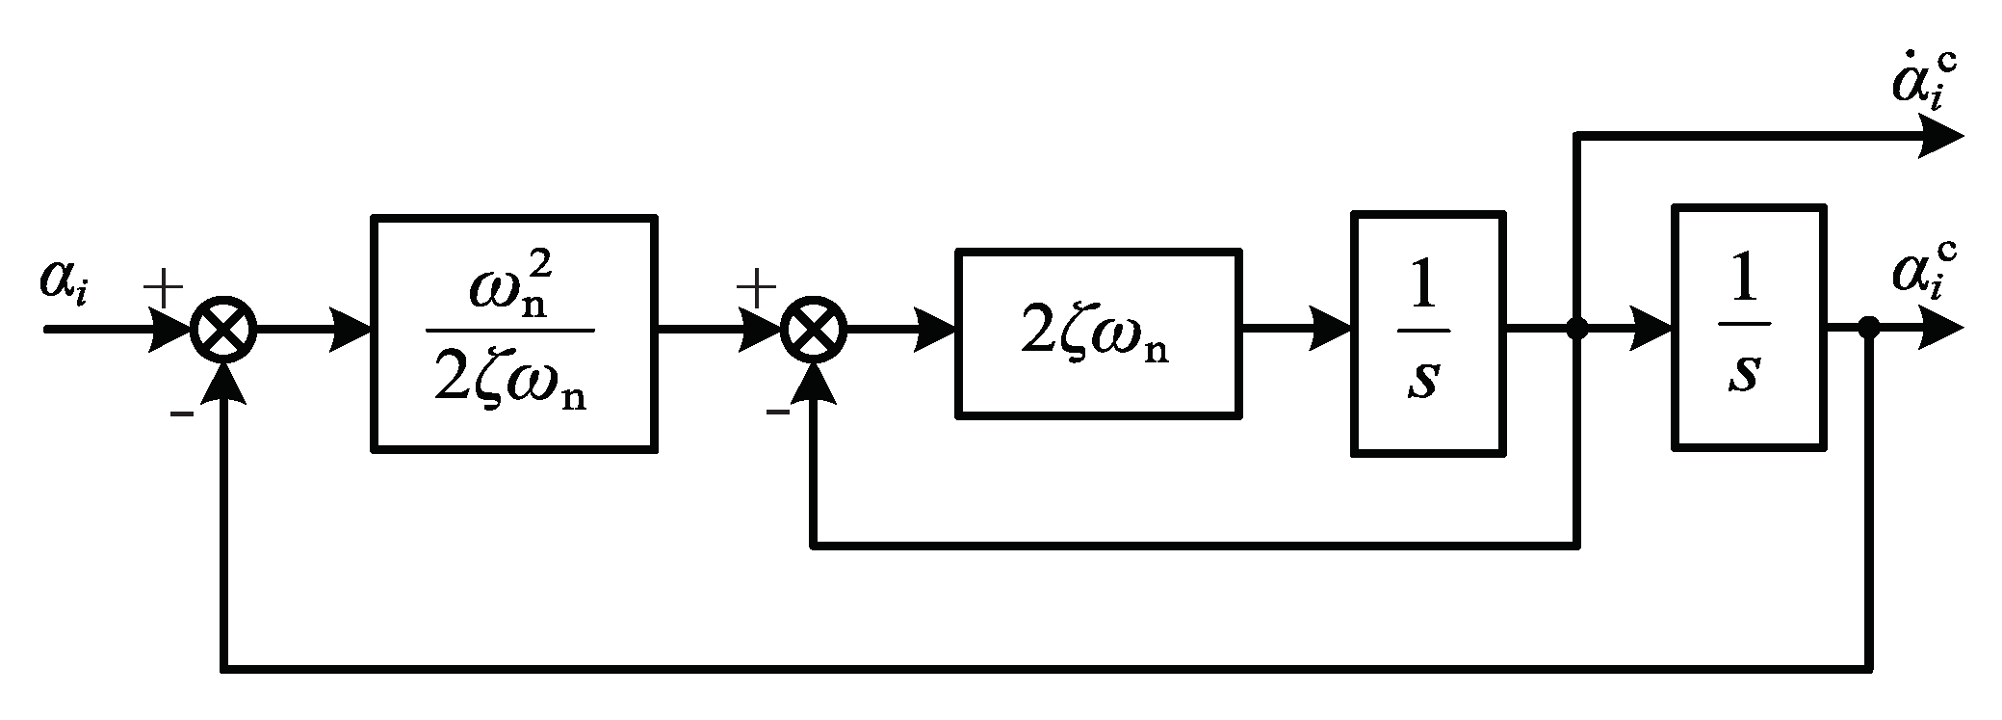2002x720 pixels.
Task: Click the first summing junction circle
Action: point(223,330)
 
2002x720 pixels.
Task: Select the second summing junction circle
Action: point(815,330)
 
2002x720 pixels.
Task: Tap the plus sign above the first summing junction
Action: point(163,286)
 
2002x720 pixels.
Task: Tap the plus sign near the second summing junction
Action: point(756,286)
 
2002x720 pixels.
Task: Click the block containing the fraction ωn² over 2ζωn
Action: point(514,333)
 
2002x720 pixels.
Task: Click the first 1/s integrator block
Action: point(1427,333)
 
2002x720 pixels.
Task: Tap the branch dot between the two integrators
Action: point(1576,330)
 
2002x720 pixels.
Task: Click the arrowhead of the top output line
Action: point(1937,137)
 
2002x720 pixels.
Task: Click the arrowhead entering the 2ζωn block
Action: point(934,330)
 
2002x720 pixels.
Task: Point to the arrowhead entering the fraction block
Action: point(351,330)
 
